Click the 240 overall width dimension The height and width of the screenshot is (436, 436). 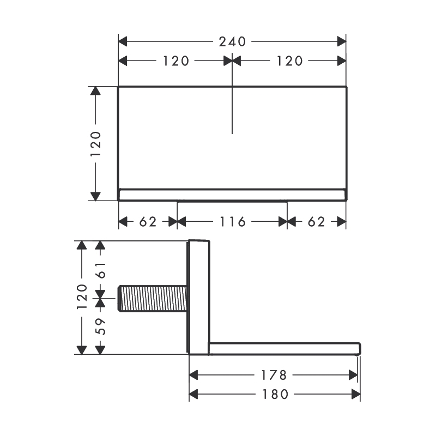(x=232, y=42)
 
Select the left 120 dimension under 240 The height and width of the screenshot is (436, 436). (x=175, y=61)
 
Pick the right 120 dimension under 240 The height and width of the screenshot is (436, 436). (x=289, y=61)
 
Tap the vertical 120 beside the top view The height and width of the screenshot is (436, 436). (x=96, y=143)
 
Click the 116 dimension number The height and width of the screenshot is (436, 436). (x=233, y=222)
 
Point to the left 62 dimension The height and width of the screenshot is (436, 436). (x=148, y=222)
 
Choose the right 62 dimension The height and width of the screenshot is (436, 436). (x=317, y=222)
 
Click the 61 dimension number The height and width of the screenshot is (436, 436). (x=101, y=270)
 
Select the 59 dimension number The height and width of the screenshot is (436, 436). (x=101, y=326)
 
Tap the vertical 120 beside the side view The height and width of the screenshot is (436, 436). (x=82, y=296)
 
